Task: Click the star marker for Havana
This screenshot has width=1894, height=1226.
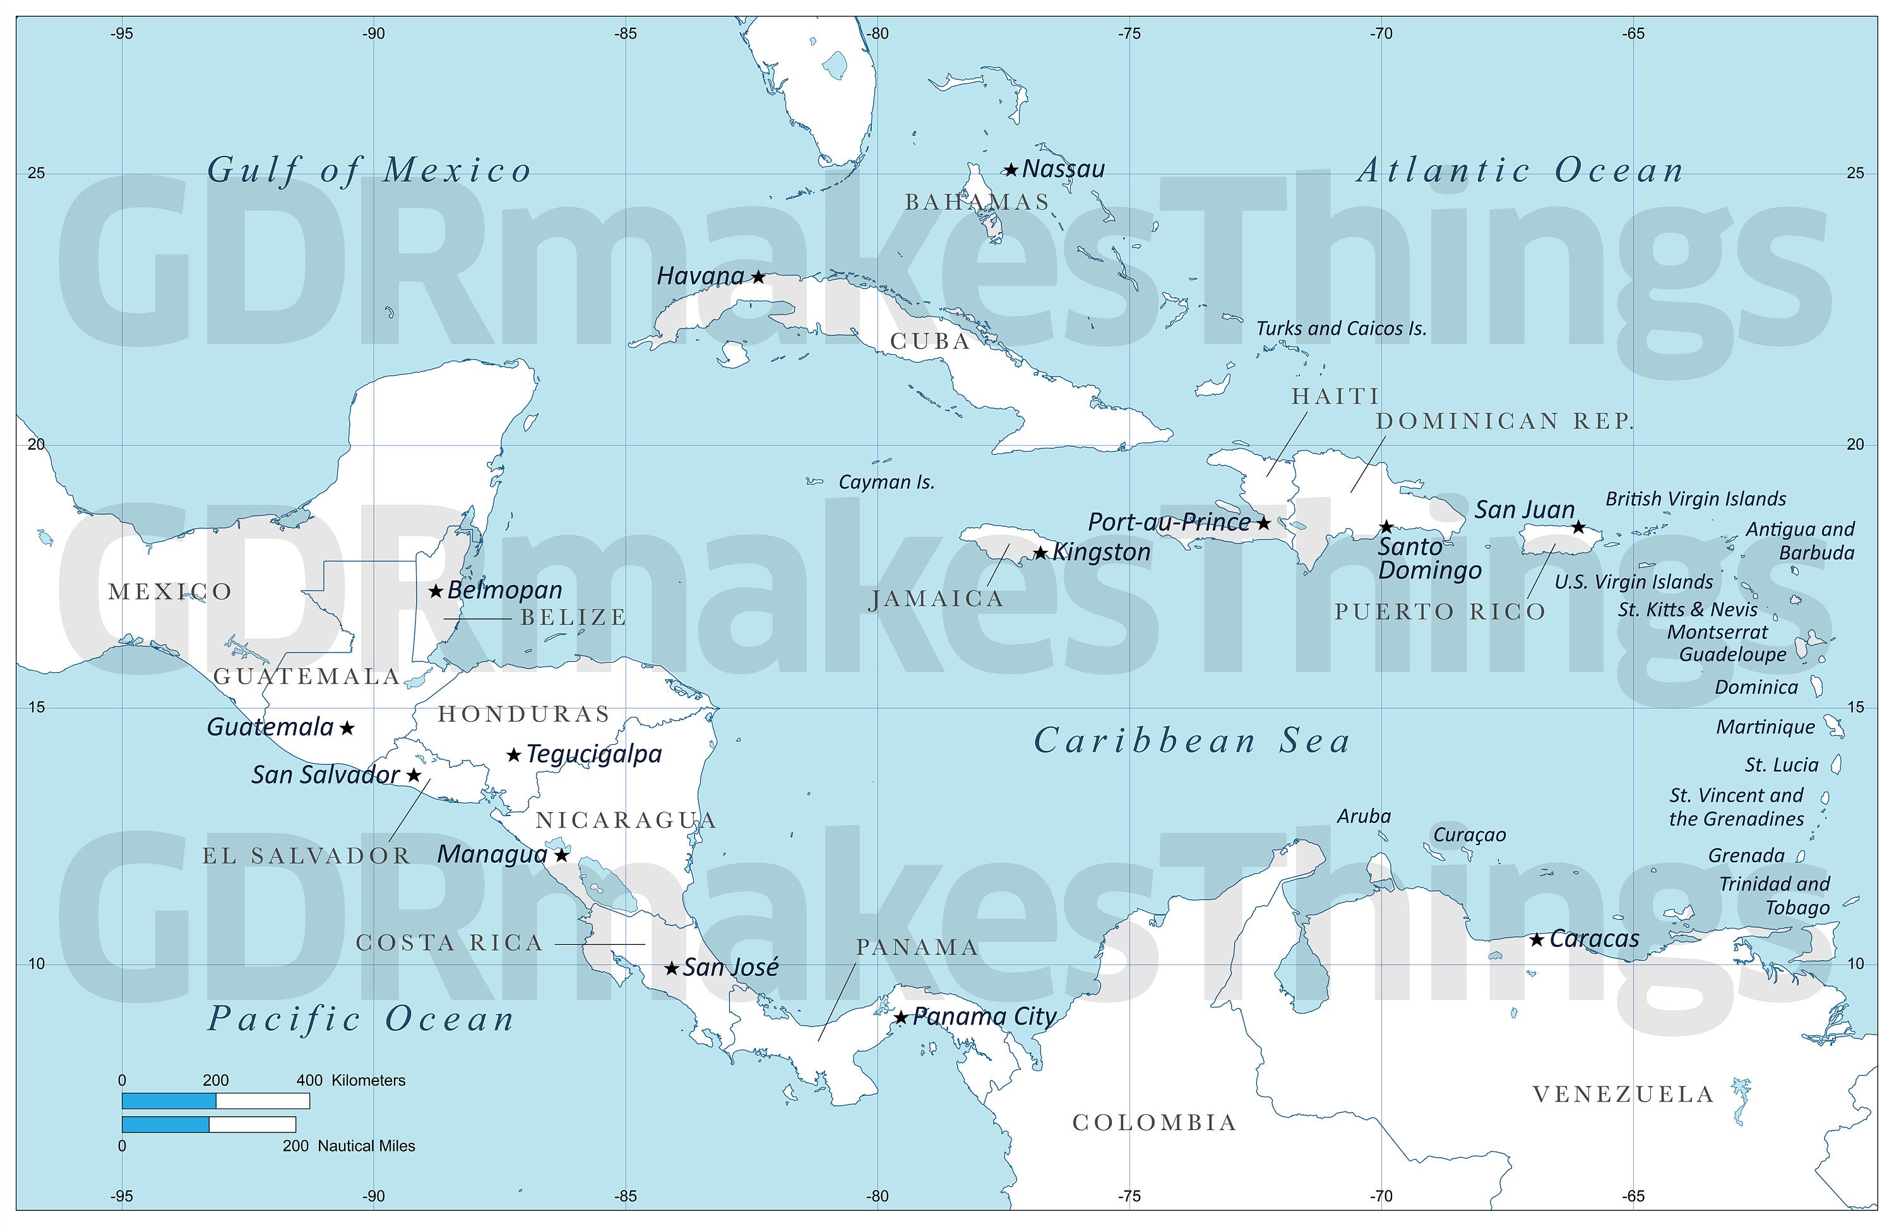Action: (x=758, y=277)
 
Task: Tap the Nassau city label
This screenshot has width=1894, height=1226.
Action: (x=1063, y=169)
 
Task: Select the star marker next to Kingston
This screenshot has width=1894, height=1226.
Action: (x=1040, y=553)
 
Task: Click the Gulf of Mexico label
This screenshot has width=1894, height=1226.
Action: (x=369, y=171)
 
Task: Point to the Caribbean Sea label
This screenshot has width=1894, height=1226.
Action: (x=1192, y=741)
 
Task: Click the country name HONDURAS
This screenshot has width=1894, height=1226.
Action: (x=523, y=714)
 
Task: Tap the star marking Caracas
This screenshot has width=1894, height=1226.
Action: (x=1537, y=941)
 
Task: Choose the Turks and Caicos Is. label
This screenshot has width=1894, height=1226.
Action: (x=1341, y=328)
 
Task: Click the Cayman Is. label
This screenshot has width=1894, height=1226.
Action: (x=886, y=483)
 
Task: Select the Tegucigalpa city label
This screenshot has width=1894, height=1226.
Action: (x=593, y=754)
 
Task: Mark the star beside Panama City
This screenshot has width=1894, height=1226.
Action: (x=901, y=1018)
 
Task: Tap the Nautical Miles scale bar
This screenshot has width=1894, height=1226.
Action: (x=208, y=1124)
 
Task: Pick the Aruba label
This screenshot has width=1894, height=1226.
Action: (x=1363, y=817)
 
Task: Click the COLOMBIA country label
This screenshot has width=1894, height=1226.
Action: (x=1154, y=1122)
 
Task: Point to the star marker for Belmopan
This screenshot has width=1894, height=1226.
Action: (x=435, y=591)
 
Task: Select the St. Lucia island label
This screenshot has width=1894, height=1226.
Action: (x=1781, y=765)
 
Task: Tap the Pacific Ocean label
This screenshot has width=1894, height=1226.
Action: (x=361, y=1019)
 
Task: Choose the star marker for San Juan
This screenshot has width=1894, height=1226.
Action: (x=1578, y=527)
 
